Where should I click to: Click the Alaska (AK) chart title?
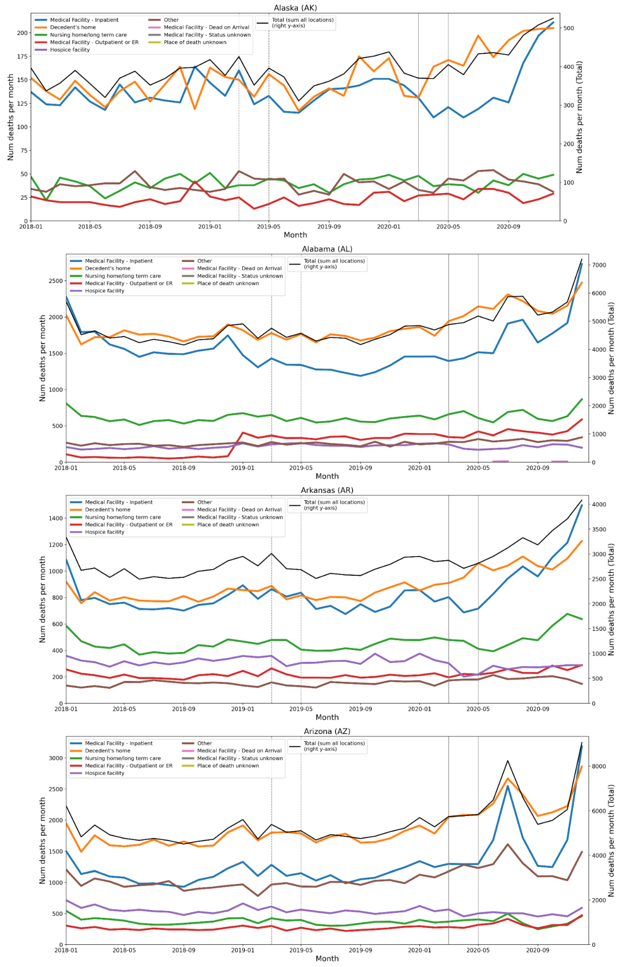pyautogui.click(x=295, y=8)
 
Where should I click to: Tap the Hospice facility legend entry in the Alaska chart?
pyautogui.click(x=70, y=50)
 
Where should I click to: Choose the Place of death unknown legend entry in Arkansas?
pyautogui.click(x=228, y=525)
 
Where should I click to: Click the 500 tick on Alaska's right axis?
pyautogui.click(x=569, y=28)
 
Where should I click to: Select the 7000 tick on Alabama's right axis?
pyautogui.click(x=600, y=265)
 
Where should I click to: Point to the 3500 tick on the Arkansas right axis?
pyautogui.click(x=600, y=529)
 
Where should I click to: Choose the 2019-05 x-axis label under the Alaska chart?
pyautogui.click(x=269, y=226)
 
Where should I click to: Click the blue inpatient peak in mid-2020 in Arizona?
pyautogui.click(x=508, y=786)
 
